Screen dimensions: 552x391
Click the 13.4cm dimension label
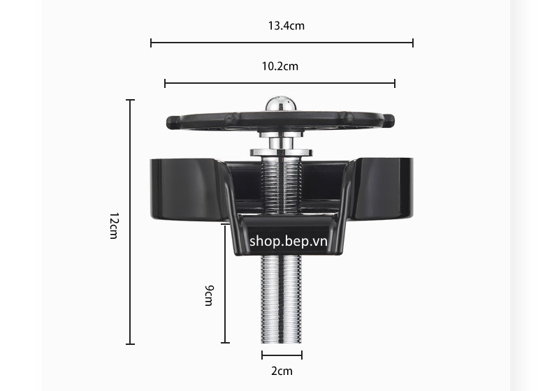click(x=286, y=26)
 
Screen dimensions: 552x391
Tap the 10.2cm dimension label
click(x=280, y=66)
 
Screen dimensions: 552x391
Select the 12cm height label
click(x=114, y=226)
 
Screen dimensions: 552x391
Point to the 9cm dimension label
click(x=209, y=295)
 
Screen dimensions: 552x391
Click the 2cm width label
click(x=282, y=371)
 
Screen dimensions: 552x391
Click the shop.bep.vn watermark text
click(x=289, y=242)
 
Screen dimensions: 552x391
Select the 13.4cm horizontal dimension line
click(x=282, y=43)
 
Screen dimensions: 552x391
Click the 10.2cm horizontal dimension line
click(x=280, y=83)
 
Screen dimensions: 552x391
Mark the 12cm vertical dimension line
click(x=131, y=222)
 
